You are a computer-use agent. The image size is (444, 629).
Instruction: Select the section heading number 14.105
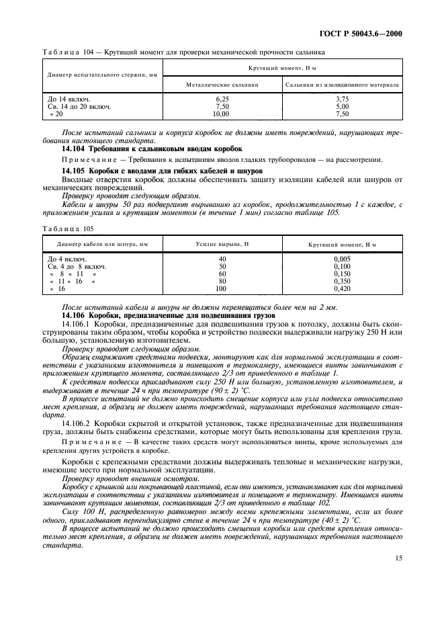pos(75,171)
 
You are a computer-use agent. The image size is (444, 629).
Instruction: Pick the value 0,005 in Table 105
pos(343,258)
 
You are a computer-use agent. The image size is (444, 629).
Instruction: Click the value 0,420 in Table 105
pos(343,288)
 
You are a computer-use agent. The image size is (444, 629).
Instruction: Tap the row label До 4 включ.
pos(67,258)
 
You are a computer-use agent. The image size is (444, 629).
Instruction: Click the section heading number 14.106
pos(75,315)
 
